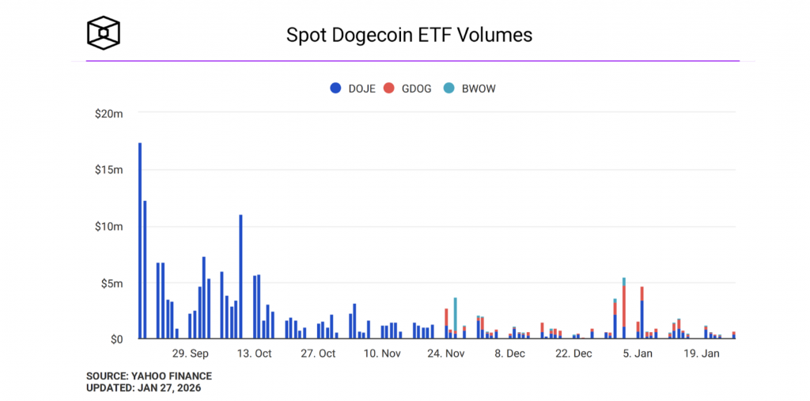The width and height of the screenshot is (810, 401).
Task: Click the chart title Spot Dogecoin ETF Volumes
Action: [408, 36]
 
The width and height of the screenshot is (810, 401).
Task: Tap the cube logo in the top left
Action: [104, 33]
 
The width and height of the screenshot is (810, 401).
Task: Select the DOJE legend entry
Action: [352, 89]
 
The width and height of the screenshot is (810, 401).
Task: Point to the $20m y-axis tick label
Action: [108, 114]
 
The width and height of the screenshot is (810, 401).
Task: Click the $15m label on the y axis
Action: [108, 170]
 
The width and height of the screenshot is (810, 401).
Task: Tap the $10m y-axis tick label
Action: [108, 226]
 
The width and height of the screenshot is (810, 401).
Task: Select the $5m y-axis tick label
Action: [111, 283]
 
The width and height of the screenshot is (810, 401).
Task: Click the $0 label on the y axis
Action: [115, 339]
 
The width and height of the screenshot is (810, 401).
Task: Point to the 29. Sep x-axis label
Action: [190, 354]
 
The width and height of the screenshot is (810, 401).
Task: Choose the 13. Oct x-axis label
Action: [254, 354]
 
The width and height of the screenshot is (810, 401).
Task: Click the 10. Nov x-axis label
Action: [381, 354]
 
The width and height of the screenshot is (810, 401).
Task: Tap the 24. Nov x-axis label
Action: [445, 354]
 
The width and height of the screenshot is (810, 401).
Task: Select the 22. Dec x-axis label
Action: [573, 354]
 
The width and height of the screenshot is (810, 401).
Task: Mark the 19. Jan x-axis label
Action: [701, 354]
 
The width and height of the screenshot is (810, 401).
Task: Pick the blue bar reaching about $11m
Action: [240, 277]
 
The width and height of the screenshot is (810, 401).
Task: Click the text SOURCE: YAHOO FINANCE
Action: [149, 376]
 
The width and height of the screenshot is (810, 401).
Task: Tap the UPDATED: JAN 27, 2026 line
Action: [143, 388]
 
